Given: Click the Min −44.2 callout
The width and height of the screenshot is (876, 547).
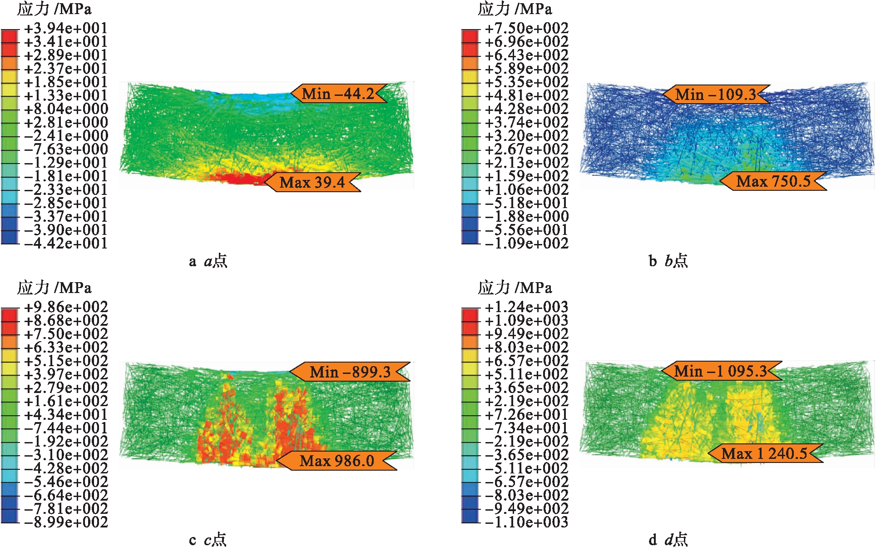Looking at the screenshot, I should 338,94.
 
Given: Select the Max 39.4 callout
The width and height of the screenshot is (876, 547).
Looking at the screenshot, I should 312,182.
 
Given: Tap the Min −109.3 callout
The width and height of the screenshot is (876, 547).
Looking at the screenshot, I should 716,94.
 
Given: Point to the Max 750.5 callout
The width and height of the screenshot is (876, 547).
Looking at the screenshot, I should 773,181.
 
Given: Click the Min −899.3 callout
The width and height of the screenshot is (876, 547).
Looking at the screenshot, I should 350,372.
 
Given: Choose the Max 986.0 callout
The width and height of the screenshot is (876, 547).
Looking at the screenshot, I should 337,461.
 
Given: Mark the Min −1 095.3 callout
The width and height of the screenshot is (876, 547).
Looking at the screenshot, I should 721,371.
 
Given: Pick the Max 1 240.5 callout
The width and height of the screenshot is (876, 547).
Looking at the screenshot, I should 765,453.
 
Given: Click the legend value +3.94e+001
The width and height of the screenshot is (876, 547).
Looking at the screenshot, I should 66,28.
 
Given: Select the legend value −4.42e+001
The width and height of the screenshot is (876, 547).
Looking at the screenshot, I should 66,244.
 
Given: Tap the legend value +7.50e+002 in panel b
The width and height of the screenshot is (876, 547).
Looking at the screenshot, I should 526,28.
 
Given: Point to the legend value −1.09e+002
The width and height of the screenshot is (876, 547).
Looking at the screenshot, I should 526,244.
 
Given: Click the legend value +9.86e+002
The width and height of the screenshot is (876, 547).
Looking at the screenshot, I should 66,307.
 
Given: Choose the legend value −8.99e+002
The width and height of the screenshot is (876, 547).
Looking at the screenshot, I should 66,522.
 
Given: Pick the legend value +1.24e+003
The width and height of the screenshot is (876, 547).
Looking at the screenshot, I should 526,307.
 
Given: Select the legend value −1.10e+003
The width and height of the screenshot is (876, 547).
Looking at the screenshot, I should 526,522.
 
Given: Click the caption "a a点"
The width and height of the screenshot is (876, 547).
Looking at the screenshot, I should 208,261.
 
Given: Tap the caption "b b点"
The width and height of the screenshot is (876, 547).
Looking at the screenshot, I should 668,261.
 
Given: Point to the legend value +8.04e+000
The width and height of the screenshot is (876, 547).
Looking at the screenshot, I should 66,109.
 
